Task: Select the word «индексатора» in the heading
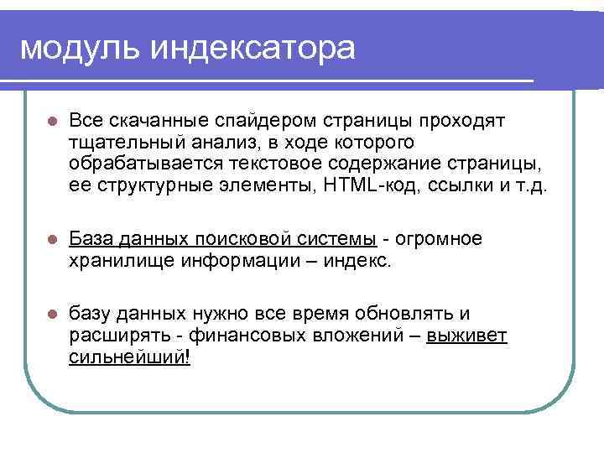pos(253,48)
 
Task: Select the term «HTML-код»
pos(354,185)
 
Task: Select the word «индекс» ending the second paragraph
pos(362,261)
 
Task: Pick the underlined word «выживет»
pos(467,336)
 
